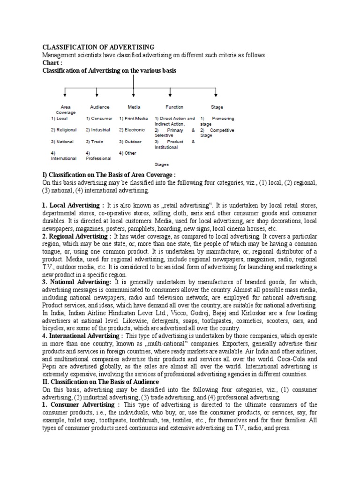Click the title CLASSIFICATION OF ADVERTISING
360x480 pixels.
(98, 47)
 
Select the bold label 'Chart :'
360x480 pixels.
(52, 63)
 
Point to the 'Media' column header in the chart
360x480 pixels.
(134, 107)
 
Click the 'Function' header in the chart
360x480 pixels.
(174, 107)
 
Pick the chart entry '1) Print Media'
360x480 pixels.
(133, 119)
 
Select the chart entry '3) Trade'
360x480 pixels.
(94, 141)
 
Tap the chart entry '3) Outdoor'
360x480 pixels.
(131, 141)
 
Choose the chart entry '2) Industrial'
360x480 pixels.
(98, 130)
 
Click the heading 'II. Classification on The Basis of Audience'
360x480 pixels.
(101, 382)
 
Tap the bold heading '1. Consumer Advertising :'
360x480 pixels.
(81, 405)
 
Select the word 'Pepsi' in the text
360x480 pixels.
(51, 367)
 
